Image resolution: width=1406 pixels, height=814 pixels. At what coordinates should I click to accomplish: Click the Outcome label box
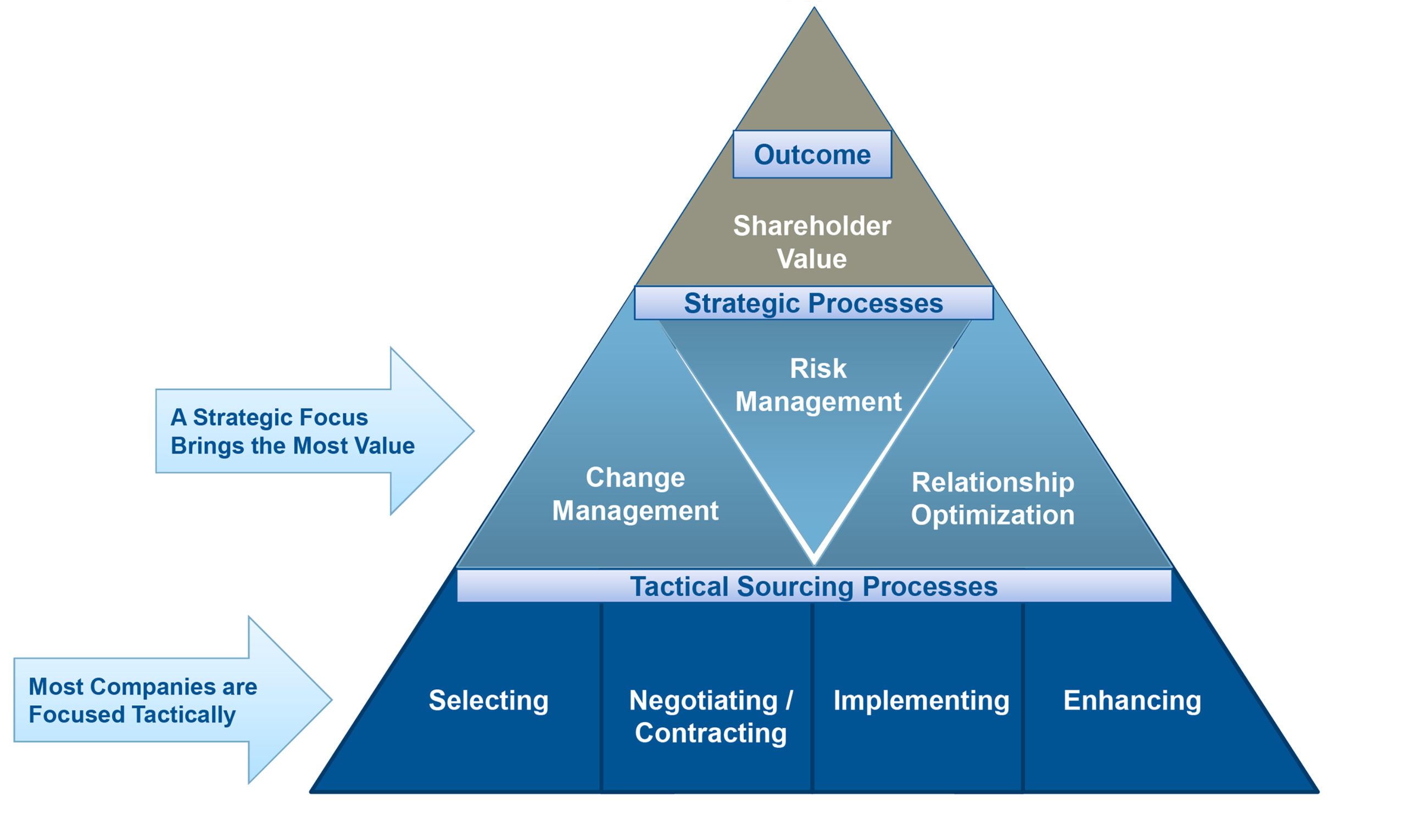[x=812, y=154]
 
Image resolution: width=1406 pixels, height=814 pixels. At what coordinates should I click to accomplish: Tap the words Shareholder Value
[x=812, y=242]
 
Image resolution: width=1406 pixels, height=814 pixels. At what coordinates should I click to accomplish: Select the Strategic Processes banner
[x=813, y=304]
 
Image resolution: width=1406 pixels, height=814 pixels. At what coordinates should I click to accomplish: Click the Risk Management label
[x=818, y=385]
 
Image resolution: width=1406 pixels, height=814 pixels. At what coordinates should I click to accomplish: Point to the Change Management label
[x=635, y=494]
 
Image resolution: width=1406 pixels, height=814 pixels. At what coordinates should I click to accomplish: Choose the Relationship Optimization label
[x=992, y=498]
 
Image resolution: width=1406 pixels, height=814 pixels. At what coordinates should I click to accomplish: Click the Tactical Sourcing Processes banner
[x=813, y=587]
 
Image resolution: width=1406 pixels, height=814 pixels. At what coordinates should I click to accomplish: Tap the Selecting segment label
[x=488, y=700]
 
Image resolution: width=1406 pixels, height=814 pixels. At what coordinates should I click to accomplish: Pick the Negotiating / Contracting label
[x=711, y=716]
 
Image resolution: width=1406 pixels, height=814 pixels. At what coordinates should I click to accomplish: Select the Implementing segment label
[x=921, y=700]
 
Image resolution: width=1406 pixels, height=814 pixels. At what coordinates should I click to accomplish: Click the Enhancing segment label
[x=1132, y=700]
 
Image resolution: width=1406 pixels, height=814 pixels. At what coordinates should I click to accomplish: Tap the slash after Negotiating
[x=789, y=700]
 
